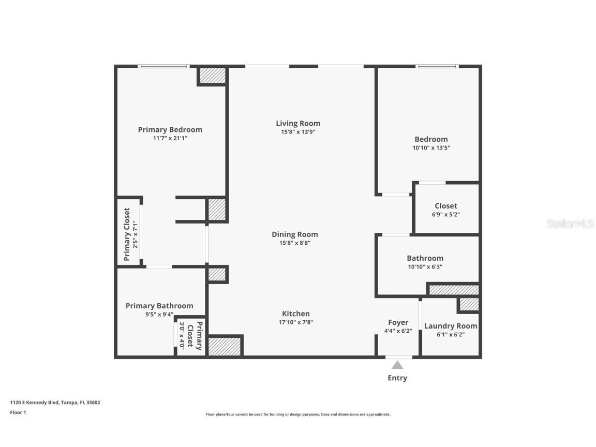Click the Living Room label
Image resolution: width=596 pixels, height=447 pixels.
pos(298,123)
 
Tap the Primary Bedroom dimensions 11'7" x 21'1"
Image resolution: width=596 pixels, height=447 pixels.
pos(170,139)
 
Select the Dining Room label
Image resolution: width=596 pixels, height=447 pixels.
pos(295,234)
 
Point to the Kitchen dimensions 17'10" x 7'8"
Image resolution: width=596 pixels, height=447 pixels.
pos(295,322)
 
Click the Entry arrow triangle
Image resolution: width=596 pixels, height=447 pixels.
pos(397,365)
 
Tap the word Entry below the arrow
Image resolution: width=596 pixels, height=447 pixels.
pos(397,378)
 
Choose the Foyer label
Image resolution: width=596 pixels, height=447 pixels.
pos(398,322)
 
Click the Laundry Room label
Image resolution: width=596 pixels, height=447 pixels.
pos(451,326)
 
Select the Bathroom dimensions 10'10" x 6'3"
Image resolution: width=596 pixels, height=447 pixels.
pos(425,267)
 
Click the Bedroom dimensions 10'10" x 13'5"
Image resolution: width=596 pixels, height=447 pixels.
pos(431,148)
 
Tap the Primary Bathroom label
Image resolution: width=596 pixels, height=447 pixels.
pos(159,306)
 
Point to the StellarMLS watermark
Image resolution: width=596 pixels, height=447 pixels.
pos(570,224)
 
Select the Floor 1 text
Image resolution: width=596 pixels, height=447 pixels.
pos(18,412)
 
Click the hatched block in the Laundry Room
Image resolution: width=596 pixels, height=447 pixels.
pos(469,305)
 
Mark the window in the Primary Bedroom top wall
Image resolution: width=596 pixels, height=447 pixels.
pos(164,66)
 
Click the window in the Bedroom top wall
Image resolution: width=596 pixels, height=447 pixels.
pos(437,66)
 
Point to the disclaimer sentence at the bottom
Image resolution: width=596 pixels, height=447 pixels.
pos(298,414)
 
